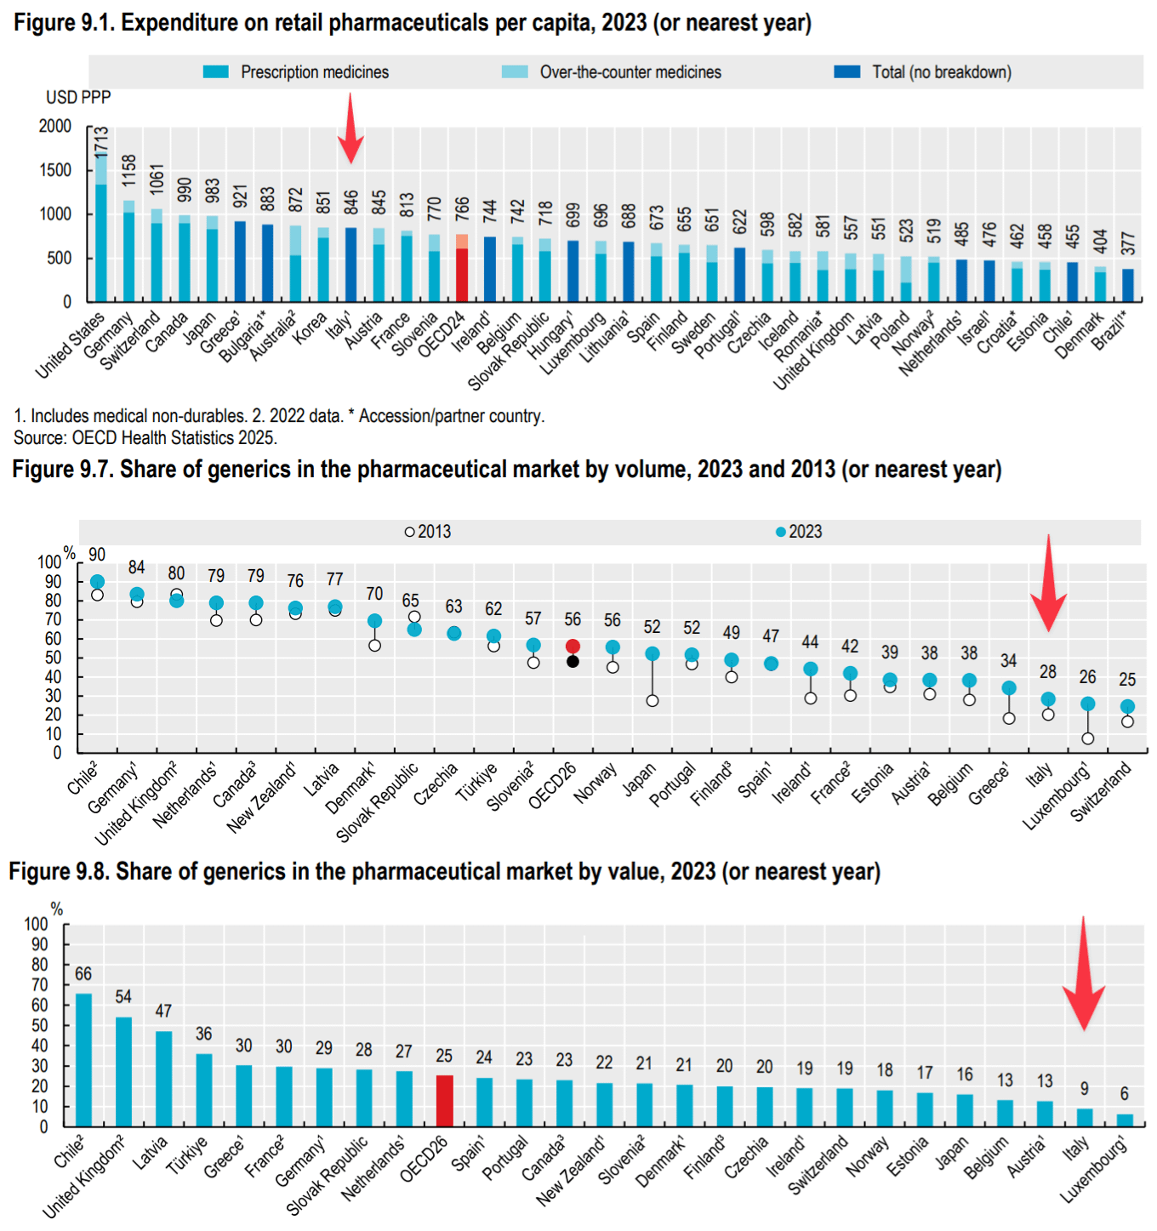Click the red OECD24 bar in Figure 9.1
462,272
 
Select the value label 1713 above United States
101,141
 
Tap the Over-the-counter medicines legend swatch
515,72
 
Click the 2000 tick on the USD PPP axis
55,126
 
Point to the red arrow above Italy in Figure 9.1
351,128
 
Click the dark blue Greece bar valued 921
240,261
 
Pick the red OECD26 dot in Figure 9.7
573,647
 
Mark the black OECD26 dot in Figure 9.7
573,661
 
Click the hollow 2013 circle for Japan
653,701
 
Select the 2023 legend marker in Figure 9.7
781,532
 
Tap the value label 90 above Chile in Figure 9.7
97,555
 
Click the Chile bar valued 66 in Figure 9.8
83,1060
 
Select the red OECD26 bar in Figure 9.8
444,1101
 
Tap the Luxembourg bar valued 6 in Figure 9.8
1125,1120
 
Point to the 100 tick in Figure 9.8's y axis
37,925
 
